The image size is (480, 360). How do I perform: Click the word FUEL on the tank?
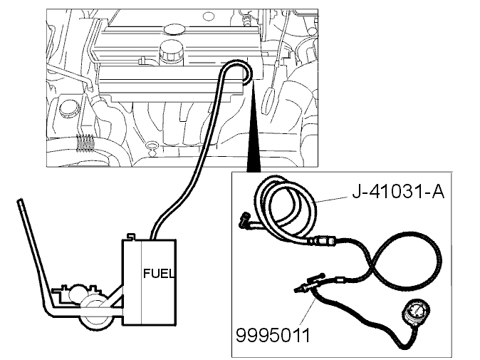pos(159,273)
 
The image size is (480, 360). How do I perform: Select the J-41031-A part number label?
pos(398,192)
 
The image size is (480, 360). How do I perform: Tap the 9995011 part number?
pos(273,335)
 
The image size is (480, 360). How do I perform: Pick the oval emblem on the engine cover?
pos(174,29)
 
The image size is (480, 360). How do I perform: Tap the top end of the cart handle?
pos(20,201)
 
